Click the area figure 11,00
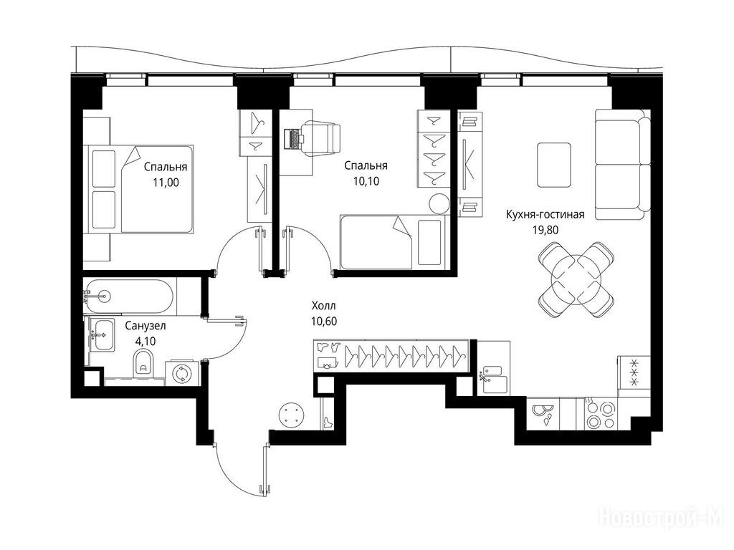(x=166, y=183)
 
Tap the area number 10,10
(x=366, y=181)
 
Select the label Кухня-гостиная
(x=545, y=215)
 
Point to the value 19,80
(x=545, y=230)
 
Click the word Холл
(x=324, y=307)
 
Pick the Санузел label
(x=145, y=326)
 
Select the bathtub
(x=128, y=296)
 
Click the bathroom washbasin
(x=102, y=334)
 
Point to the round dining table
(x=576, y=280)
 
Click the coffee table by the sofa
(x=554, y=165)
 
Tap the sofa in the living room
(x=623, y=164)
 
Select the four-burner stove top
(x=601, y=414)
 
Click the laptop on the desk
(x=293, y=138)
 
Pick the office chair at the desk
(x=321, y=138)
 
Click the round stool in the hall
(x=292, y=415)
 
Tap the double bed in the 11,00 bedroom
(x=138, y=189)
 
